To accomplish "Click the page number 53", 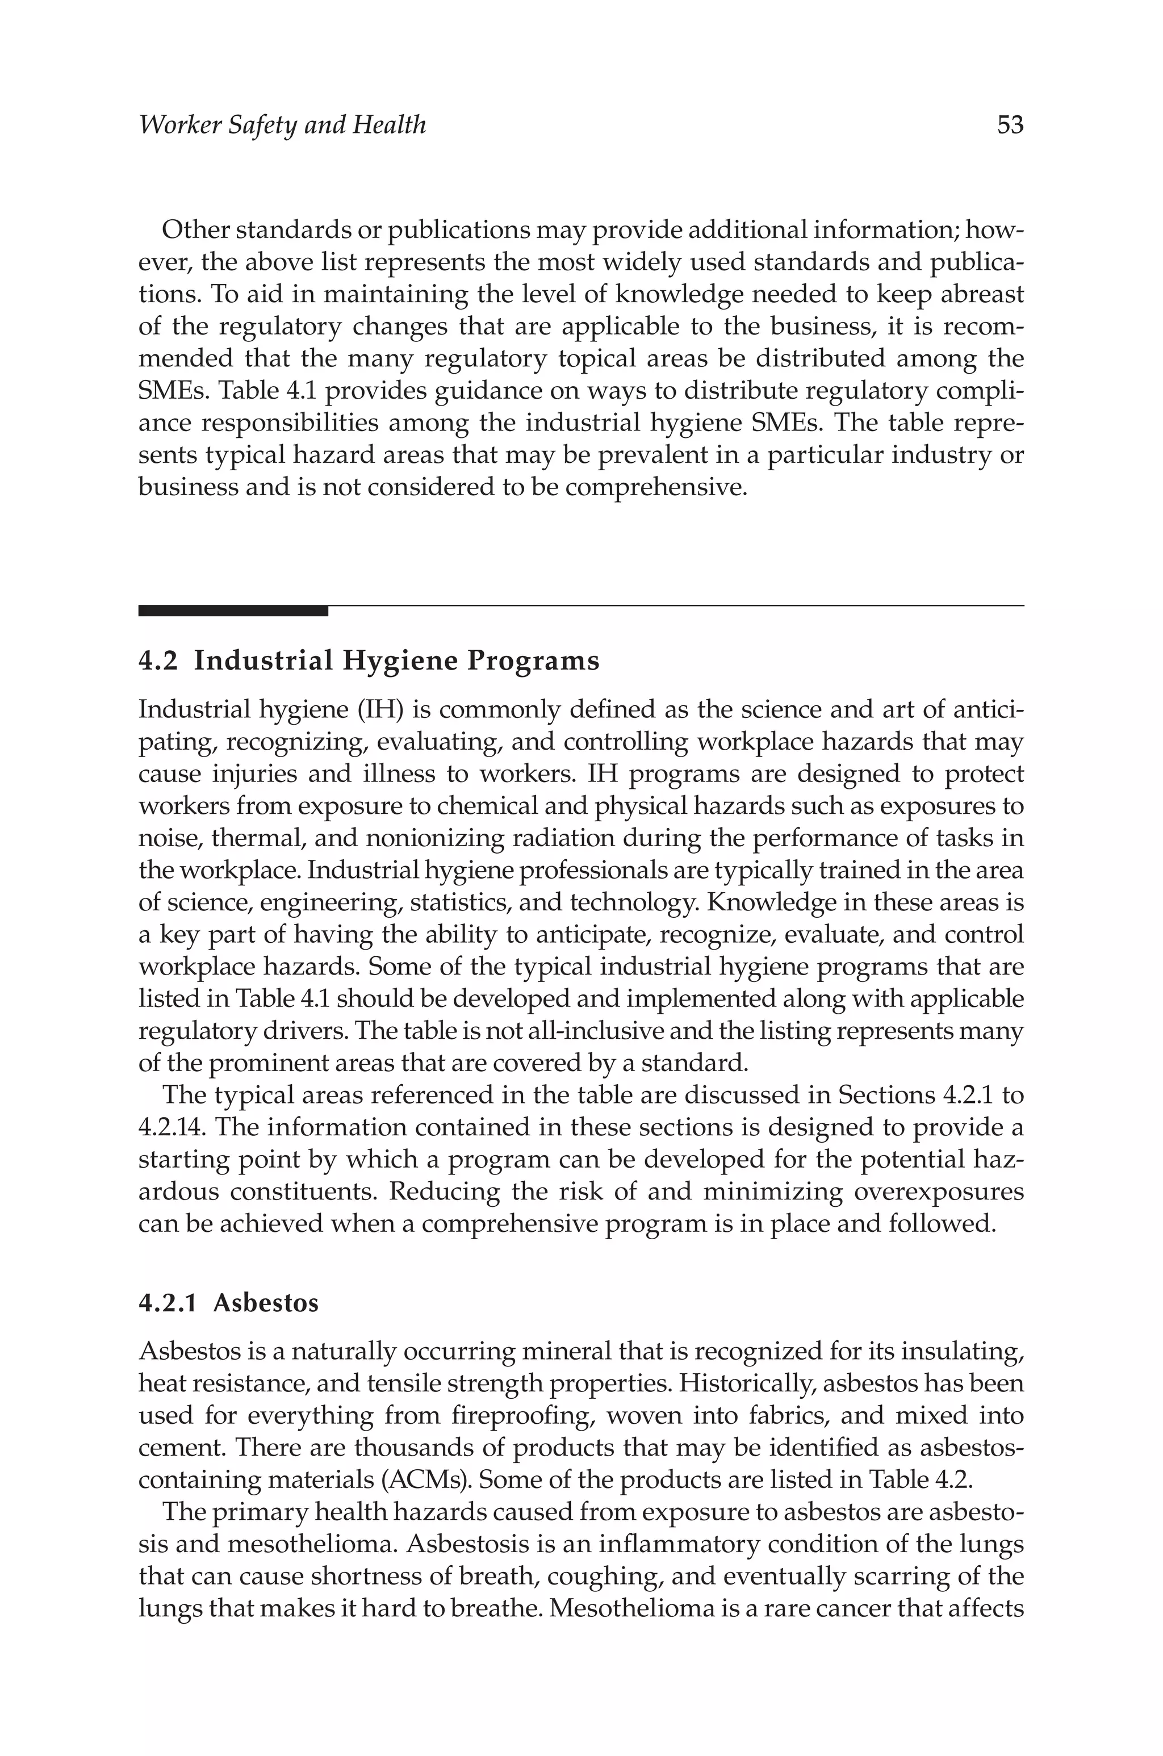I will coord(1010,124).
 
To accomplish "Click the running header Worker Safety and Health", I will coord(283,124).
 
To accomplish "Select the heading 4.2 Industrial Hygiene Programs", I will coord(369,660).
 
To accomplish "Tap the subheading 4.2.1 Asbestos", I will coord(228,1303).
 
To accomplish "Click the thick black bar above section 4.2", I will coord(233,611).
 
